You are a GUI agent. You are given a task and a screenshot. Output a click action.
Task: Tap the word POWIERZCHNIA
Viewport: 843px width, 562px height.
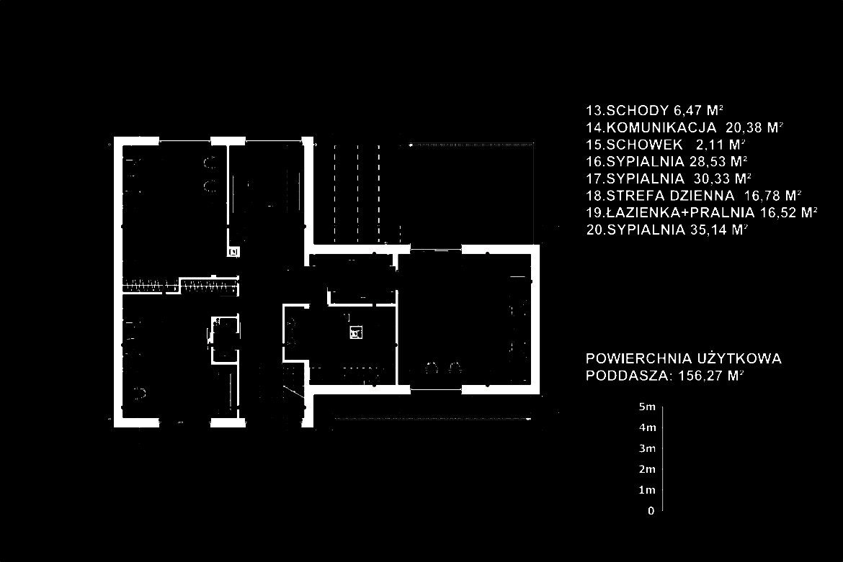pyautogui.click(x=638, y=358)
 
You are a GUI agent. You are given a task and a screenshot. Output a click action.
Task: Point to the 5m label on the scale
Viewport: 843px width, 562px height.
pyautogui.click(x=646, y=407)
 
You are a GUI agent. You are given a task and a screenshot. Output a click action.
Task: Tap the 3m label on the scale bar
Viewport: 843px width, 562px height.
pyautogui.click(x=646, y=449)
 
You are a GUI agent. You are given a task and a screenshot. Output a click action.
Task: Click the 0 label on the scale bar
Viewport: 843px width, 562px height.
pyautogui.click(x=651, y=512)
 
